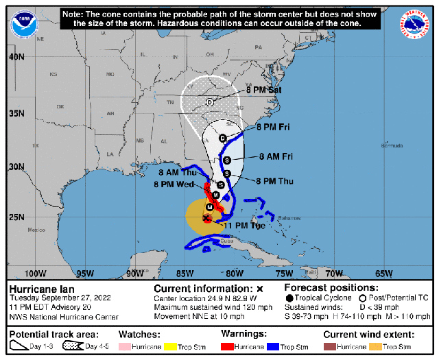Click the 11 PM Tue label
click(x=245, y=225)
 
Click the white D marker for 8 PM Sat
click(x=209, y=103)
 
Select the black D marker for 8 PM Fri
click(x=222, y=139)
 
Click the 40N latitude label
click(x=16, y=57)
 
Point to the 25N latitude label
click(x=16, y=217)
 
